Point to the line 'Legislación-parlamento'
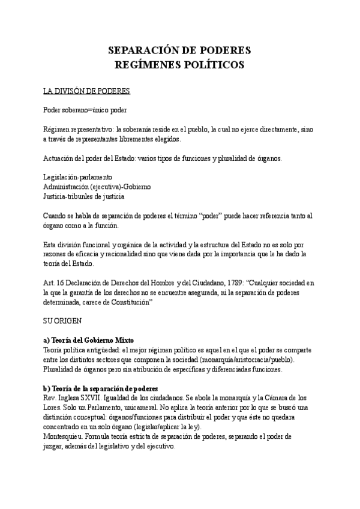pos(78,178)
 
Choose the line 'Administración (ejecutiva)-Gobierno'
pos(97,187)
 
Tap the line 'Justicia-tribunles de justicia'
pos(85,196)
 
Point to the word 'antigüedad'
pos(109,350)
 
